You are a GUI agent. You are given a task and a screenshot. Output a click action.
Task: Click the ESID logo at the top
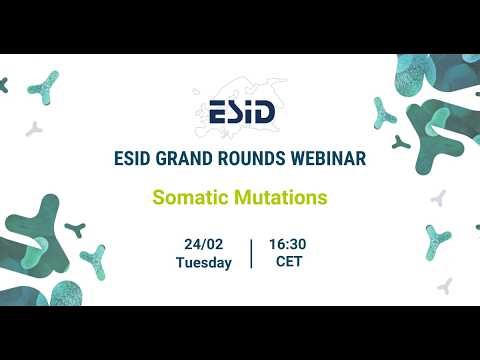(240, 109)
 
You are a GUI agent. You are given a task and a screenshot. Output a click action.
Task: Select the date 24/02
(203, 244)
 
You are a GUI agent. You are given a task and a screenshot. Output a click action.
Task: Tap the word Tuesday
(203, 263)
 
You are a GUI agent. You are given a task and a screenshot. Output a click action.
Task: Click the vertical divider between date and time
(251, 253)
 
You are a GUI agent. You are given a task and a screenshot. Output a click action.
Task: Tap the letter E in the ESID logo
(213, 110)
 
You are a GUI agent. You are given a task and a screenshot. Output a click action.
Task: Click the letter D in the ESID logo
(264, 110)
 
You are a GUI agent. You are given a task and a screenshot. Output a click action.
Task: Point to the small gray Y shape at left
(34, 128)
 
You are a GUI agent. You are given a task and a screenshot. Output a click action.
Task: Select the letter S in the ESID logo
(233, 110)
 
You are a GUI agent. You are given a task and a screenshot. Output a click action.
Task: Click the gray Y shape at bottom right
(445, 286)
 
